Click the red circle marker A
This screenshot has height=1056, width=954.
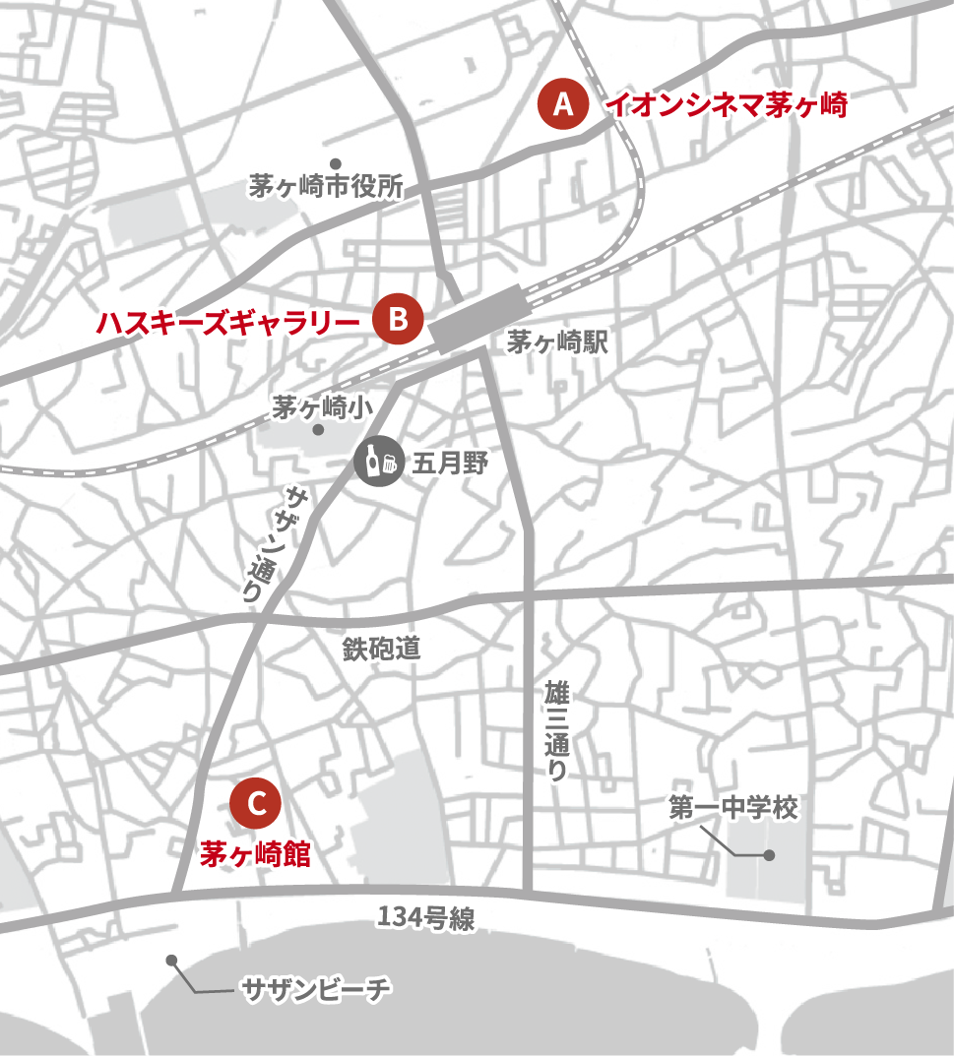point(563,105)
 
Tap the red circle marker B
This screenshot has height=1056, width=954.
point(398,319)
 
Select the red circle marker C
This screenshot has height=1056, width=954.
point(256,804)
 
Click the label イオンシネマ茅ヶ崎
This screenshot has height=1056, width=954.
point(726,104)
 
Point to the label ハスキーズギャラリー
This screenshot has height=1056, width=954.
point(228,321)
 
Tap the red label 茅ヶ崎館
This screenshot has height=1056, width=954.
point(255,854)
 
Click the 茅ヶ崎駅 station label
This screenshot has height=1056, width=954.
point(557,343)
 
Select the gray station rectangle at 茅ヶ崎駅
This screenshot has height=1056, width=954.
point(477,318)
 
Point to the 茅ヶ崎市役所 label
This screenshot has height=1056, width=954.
point(326,187)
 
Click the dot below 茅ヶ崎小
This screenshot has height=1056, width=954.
point(317,430)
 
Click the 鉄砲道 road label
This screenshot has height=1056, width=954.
point(381,649)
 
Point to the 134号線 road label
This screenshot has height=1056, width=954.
point(426,919)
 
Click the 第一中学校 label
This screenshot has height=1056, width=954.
point(732,809)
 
